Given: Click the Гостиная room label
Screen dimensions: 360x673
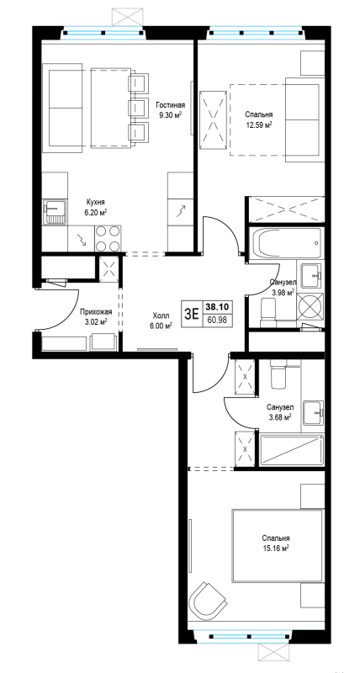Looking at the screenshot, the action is point(171,105).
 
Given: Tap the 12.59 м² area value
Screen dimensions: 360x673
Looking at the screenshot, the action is point(259,125).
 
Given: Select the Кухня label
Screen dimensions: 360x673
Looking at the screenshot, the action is point(95,202).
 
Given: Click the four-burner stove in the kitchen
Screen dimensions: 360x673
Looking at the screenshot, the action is point(108,238).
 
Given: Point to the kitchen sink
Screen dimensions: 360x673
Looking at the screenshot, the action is point(55,212).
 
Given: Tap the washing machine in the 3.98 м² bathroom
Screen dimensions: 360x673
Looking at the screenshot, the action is point(310,305).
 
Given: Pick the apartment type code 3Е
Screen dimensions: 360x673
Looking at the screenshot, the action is point(192,314).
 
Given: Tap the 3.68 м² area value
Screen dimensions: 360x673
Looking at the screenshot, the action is point(279,416).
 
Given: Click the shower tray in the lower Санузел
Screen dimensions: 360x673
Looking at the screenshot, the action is point(292,449).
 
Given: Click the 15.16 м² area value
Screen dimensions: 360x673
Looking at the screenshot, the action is point(276,548).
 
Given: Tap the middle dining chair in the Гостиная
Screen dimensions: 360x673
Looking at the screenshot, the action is point(139,106).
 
